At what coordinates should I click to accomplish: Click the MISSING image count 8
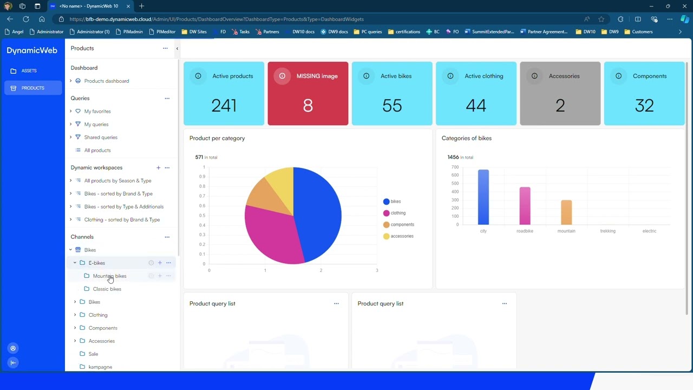point(308,105)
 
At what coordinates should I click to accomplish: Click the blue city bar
point(483,197)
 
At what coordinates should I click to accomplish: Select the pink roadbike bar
point(525,206)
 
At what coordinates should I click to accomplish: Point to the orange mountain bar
point(566,212)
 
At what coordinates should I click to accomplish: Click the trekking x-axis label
point(607,231)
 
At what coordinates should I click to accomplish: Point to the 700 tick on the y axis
point(454,167)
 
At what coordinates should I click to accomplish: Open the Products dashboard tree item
point(106,81)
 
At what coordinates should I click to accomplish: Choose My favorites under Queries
point(97,112)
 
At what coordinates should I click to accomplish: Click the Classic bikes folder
point(107,289)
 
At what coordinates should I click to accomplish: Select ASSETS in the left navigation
point(29,71)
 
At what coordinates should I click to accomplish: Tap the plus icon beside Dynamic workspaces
point(158,168)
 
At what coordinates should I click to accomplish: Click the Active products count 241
point(224,105)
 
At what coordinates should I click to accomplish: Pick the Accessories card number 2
point(560,105)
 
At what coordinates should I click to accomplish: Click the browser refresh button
point(25,19)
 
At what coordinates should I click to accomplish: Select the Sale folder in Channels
point(93,354)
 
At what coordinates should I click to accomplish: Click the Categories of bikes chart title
point(466,138)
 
